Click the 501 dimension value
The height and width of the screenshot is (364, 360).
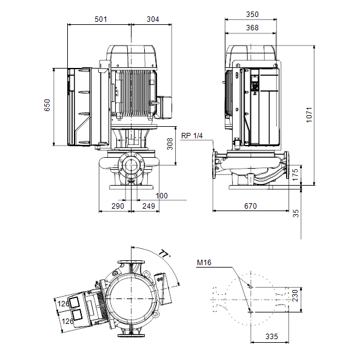[x=101, y=19]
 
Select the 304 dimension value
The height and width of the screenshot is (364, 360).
[x=153, y=19]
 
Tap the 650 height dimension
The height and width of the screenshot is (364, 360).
[x=47, y=105]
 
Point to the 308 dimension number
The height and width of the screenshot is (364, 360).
[x=170, y=144]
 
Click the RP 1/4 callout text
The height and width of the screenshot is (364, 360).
[x=192, y=135]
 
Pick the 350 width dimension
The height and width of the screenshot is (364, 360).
[x=252, y=15]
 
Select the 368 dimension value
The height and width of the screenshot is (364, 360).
[x=252, y=28]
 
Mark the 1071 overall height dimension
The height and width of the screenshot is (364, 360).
[x=309, y=115]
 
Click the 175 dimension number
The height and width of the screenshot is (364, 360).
[x=295, y=175]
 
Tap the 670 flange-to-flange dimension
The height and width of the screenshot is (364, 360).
[x=250, y=206]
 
